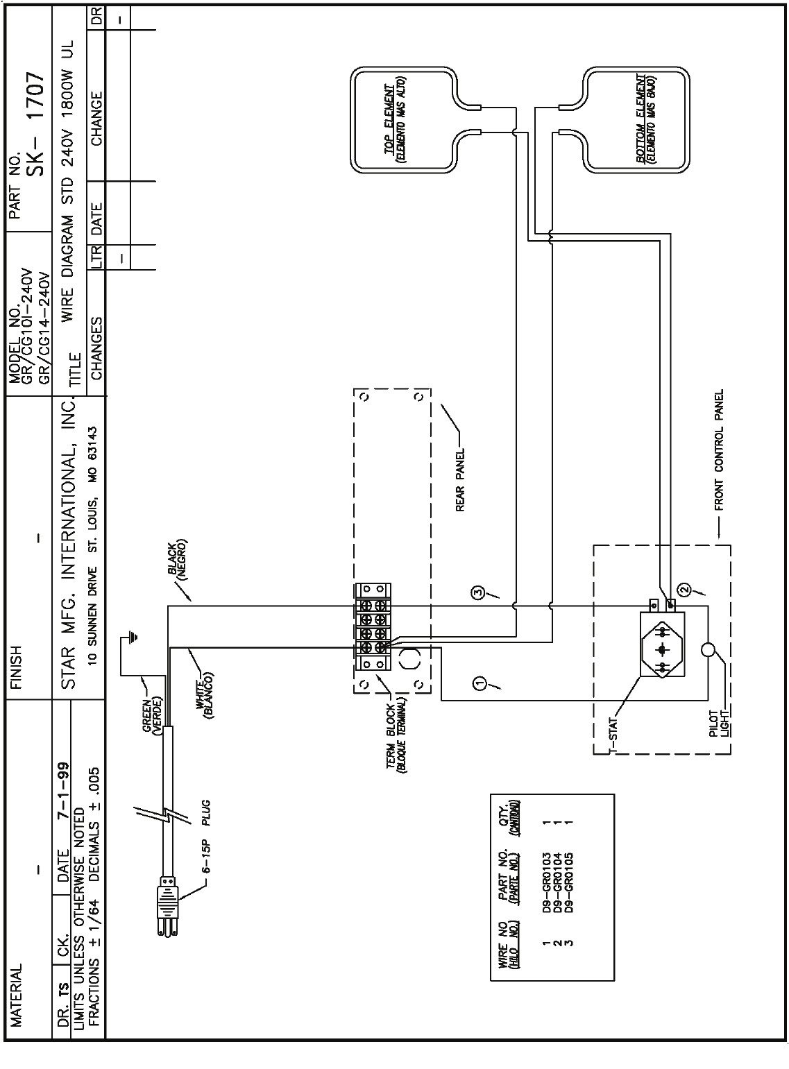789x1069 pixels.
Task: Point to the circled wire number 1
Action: tap(480, 684)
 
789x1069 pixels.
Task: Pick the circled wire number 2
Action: tap(684, 590)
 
